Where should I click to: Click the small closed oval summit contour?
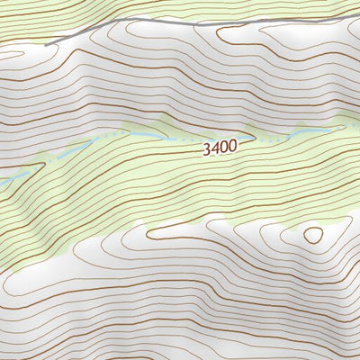pyautogui.click(x=312, y=235)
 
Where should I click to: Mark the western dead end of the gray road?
pyautogui.click(x=47, y=40)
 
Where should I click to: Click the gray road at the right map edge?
pyautogui.click(x=357, y=9)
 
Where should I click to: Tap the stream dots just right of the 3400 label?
pyautogui.click(x=256, y=141)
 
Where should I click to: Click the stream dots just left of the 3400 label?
pyautogui.click(x=184, y=141)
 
